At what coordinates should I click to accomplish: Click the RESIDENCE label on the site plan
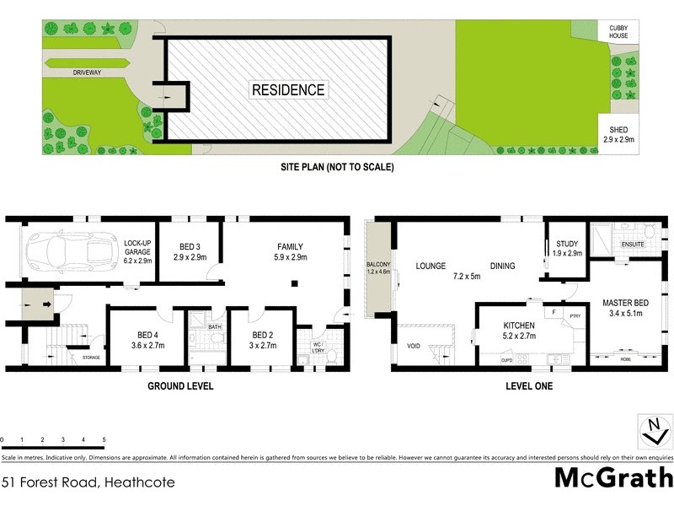[288, 89]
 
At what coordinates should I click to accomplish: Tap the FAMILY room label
[290, 251]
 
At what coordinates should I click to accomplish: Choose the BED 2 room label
[262, 339]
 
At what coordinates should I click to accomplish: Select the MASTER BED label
[623, 308]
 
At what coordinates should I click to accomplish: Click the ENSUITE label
[632, 245]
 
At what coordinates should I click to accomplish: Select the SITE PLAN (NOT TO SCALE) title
[337, 167]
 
